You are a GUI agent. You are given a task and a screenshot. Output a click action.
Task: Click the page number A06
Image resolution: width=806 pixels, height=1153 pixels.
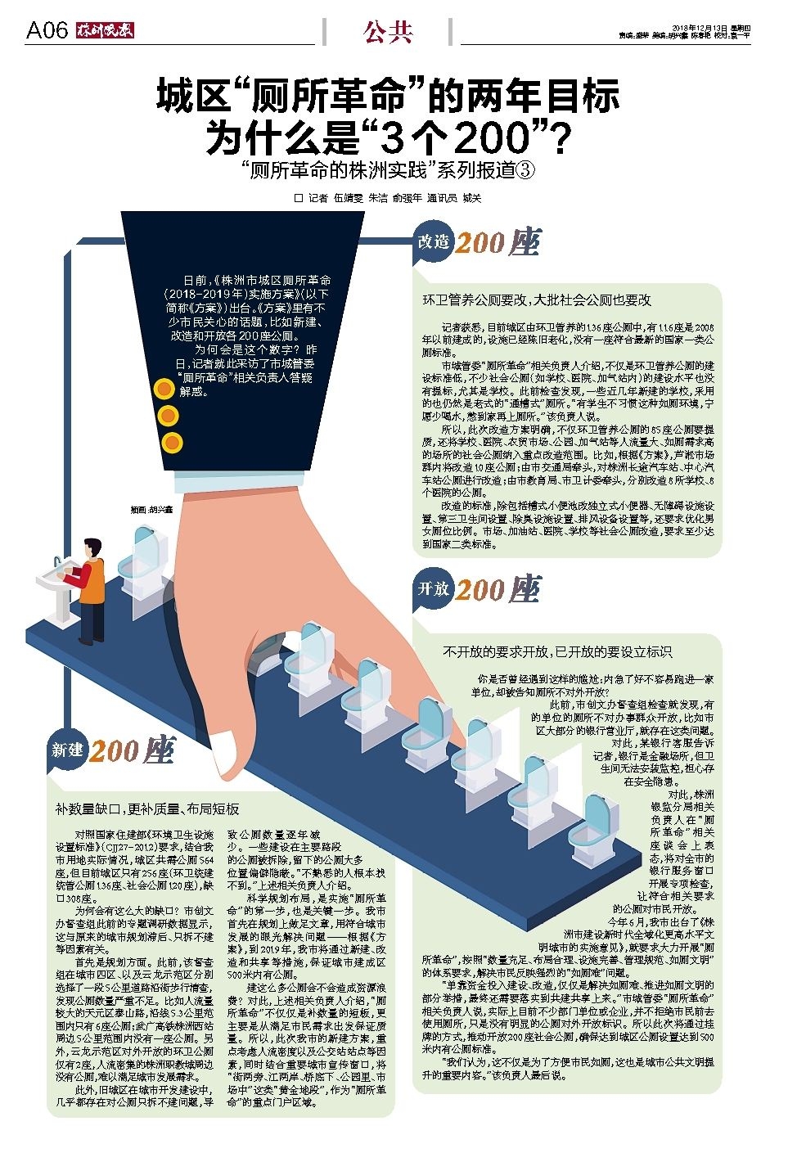pos(47,31)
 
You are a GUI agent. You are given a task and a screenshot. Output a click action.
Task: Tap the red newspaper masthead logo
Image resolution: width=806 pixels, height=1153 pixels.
pos(105,31)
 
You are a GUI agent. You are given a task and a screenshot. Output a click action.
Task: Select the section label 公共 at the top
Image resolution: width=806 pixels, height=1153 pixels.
pos(388,32)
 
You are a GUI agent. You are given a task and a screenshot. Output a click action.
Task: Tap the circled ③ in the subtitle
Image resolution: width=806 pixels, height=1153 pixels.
pos(525,170)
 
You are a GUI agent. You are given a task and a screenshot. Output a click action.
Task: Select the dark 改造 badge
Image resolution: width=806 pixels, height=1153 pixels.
pos(434,241)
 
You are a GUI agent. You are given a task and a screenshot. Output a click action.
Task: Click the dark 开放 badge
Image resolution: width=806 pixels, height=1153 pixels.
pos(434,588)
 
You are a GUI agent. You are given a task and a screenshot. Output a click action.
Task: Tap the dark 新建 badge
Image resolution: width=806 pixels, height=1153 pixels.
pos(68,749)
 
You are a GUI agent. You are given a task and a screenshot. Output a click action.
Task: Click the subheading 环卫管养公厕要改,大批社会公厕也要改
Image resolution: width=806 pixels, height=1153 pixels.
pos(536,300)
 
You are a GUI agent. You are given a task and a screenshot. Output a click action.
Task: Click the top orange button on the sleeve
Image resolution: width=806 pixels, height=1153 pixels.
pos(166,390)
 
